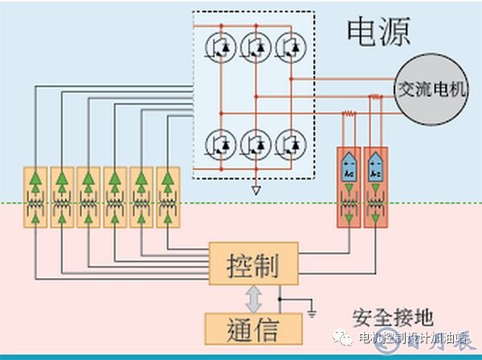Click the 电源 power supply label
[378, 32]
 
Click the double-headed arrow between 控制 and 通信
[254, 297]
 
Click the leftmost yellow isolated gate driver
[36, 197]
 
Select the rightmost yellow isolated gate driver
[167, 197]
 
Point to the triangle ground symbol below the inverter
[255, 191]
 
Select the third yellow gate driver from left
[88, 197]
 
